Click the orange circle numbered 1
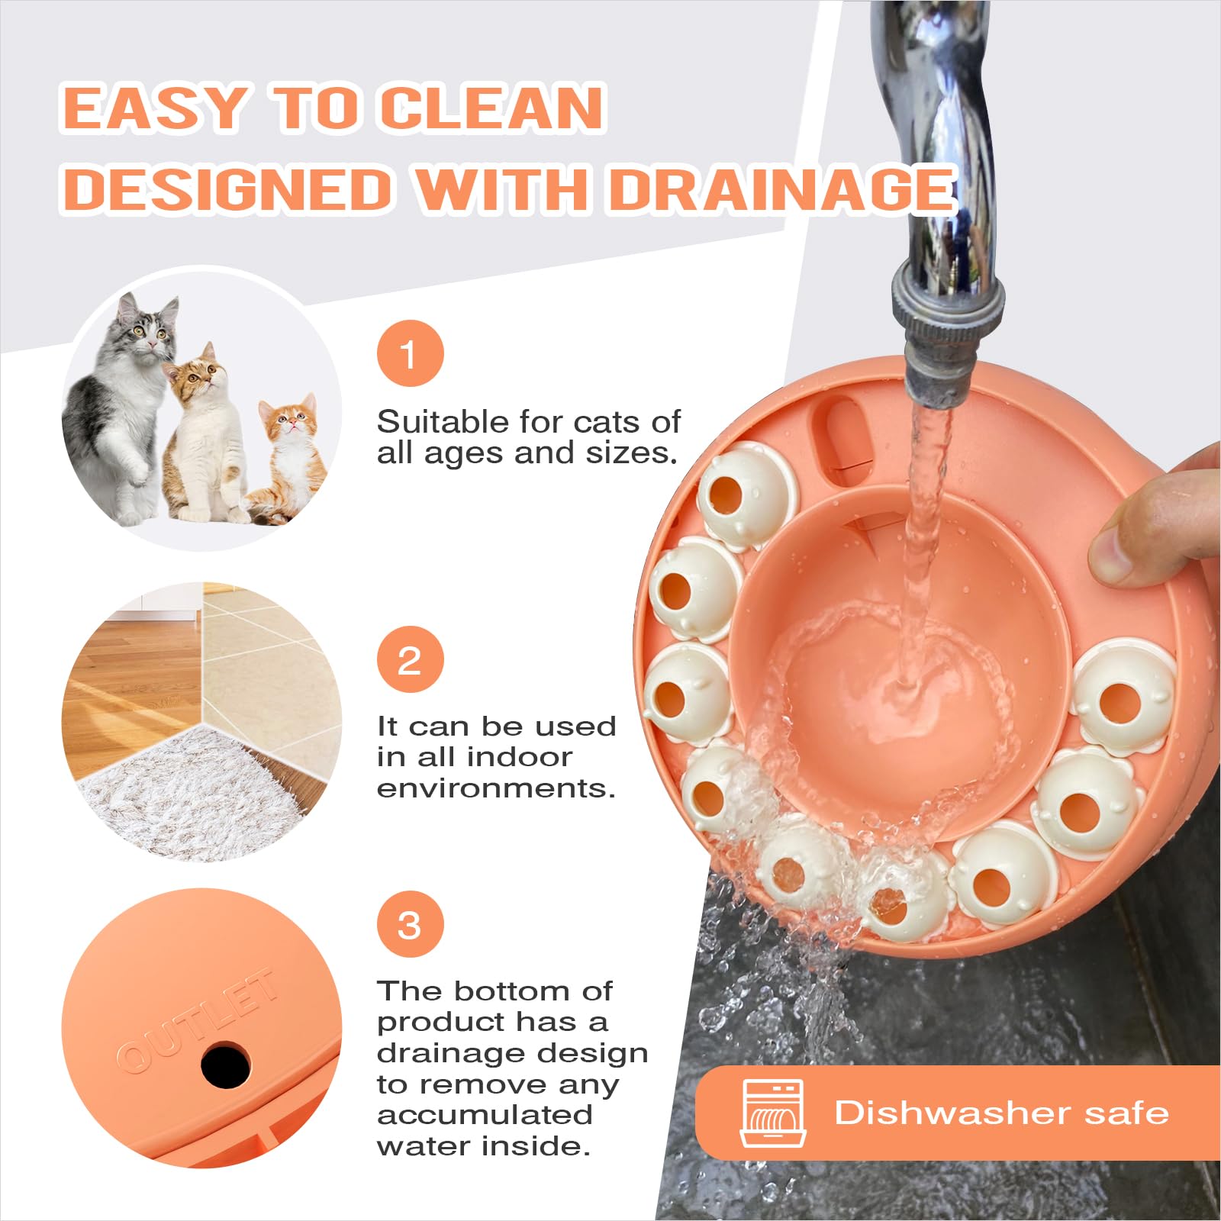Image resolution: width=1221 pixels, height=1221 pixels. point(410,353)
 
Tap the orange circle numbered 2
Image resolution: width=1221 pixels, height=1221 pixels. point(410,659)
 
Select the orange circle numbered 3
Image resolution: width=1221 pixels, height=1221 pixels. point(410,925)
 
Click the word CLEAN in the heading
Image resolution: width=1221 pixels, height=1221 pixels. point(492,108)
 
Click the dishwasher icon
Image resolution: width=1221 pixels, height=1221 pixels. point(773,1113)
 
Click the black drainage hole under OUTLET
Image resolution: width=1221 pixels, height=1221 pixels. point(226,1065)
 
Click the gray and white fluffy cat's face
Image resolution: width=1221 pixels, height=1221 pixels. point(150,330)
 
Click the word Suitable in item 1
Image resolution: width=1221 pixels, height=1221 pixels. point(443,421)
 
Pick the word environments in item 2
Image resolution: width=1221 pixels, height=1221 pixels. point(496,788)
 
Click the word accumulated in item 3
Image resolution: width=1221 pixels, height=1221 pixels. point(485,1114)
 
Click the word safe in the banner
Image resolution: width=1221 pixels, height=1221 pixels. point(1126,1112)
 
